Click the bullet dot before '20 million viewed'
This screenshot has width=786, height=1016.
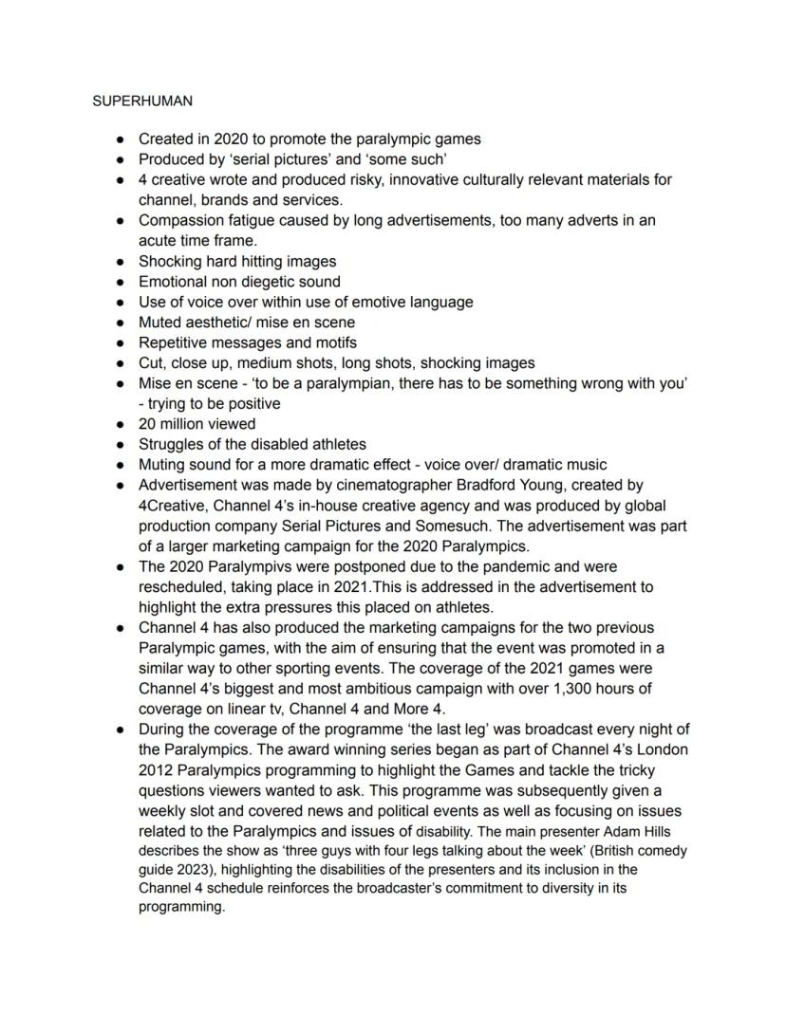pos(121,424)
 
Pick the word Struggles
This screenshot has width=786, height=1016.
pos(172,445)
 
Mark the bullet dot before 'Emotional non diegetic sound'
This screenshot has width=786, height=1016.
pos(121,282)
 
